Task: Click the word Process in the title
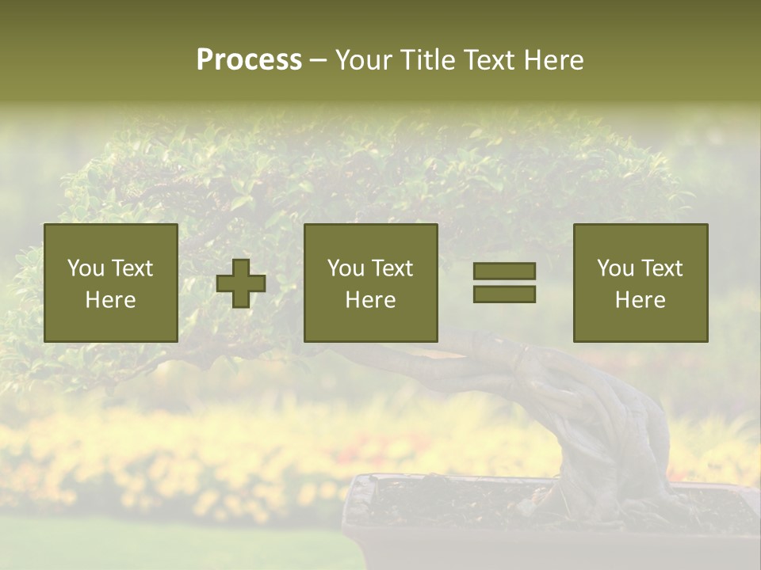click(x=249, y=59)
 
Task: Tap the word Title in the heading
click(x=426, y=59)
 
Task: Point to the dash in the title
click(x=318, y=60)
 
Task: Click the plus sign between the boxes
click(x=241, y=283)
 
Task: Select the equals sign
click(x=504, y=283)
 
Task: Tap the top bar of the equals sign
click(x=504, y=271)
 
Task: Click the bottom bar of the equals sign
click(x=504, y=294)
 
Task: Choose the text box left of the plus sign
click(x=110, y=283)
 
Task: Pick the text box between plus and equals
click(x=370, y=283)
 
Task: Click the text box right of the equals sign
click(x=640, y=283)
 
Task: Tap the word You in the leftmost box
click(x=86, y=268)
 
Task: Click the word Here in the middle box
click(x=370, y=299)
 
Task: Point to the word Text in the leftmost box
click(x=132, y=268)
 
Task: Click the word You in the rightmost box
click(x=615, y=268)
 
